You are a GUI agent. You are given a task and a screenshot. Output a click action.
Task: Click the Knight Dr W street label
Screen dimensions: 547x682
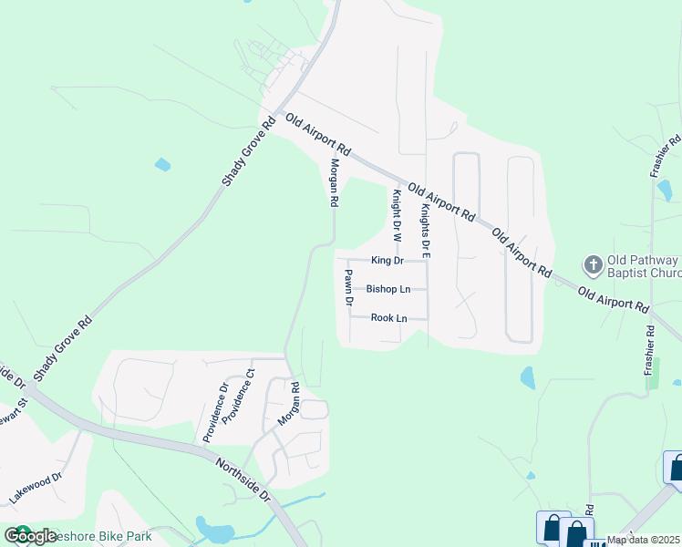pyautogui.click(x=397, y=215)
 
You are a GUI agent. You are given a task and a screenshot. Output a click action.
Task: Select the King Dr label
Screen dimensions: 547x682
pyautogui.click(x=387, y=261)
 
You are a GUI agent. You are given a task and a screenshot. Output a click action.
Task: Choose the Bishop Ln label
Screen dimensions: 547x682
pyautogui.click(x=388, y=289)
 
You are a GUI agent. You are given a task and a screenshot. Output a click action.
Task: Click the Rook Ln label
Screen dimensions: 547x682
pyautogui.click(x=388, y=318)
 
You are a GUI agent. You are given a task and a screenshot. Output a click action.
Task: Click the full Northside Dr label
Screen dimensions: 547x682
pyautogui.click(x=244, y=480)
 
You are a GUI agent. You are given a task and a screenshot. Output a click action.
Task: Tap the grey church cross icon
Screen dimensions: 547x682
pyautogui.click(x=593, y=265)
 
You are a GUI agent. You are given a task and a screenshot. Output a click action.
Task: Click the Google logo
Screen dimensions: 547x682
pyautogui.click(x=29, y=536)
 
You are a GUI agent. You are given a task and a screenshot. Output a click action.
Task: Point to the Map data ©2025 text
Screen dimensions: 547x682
pyautogui.click(x=643, y=540)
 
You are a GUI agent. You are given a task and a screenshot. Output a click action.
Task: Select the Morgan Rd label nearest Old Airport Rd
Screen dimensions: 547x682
pyautogui.click(x=335, y=182)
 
